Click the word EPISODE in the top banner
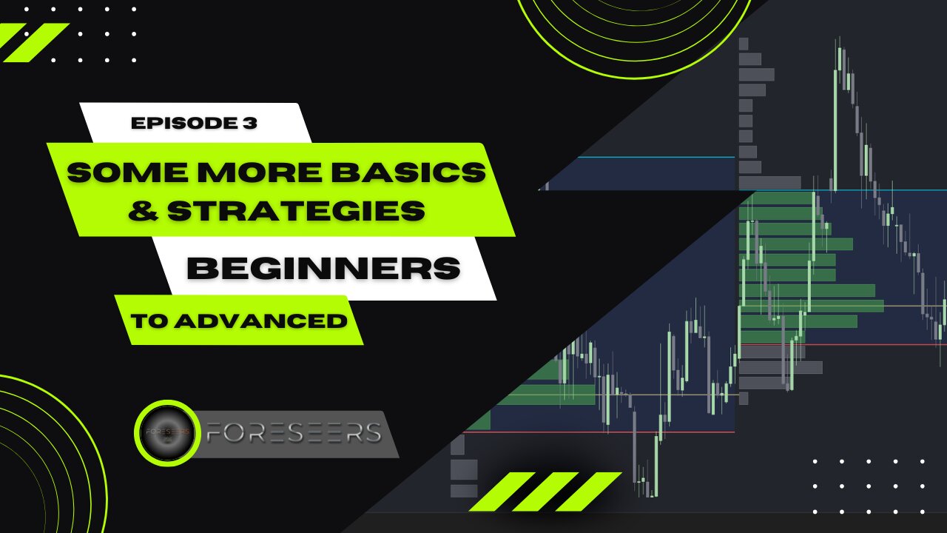[181, 123]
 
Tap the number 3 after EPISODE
[250, 123]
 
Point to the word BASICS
[408, 172]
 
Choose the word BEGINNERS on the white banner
[323, 268]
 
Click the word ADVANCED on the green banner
[261, 321]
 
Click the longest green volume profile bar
[812, 306]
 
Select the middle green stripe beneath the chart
[545, 492]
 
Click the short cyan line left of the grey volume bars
[656, 158]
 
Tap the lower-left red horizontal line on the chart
[599, 432]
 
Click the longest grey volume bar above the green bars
[770, 183]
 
